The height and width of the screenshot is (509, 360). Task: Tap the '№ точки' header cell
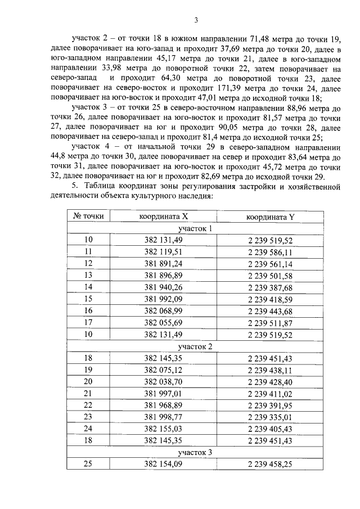[x=88, y=217]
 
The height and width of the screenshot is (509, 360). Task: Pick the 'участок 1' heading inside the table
[x=195, y=229]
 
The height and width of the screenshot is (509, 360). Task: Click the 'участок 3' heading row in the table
[x=195, y=452]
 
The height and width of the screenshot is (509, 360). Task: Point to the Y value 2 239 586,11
[x=269, y=252]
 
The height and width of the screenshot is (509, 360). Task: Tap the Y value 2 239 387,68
[x=269, y=287]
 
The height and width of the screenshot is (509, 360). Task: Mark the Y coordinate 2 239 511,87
[x=269, y=323]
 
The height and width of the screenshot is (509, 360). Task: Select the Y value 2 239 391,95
[x=269, y=405]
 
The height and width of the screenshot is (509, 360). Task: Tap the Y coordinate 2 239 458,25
[x=269, y=464]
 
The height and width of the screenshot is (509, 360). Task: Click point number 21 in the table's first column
[x=88, y=393]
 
